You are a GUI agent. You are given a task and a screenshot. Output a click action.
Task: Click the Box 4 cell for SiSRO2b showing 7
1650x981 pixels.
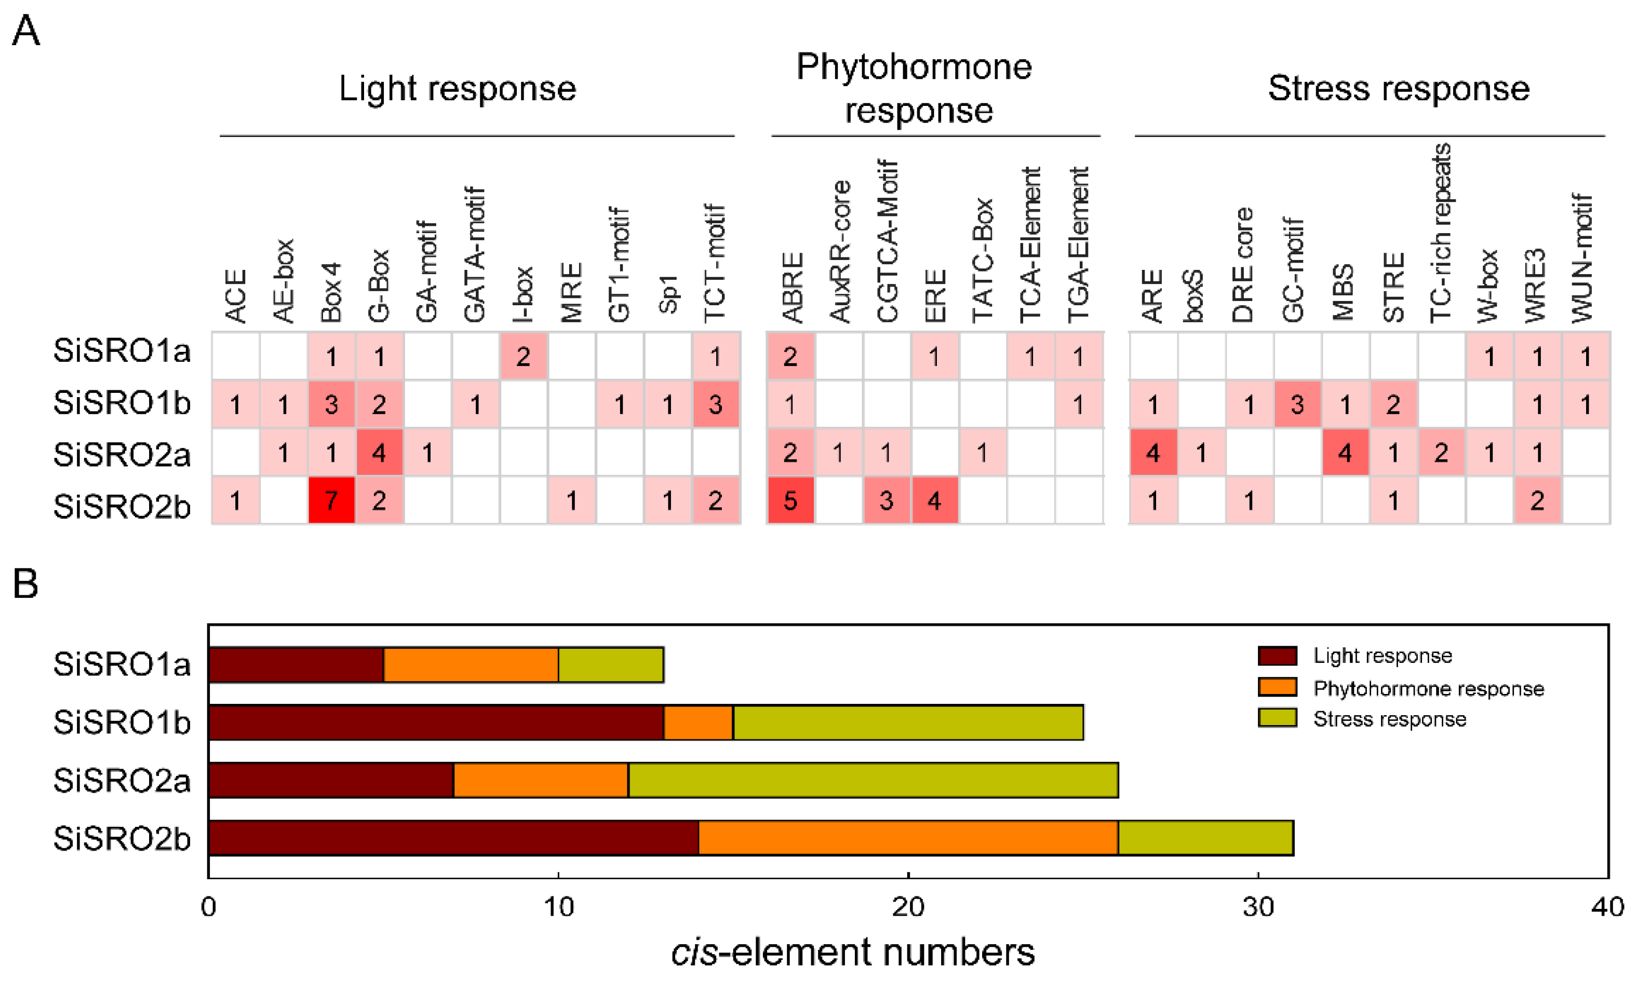pos(331,500)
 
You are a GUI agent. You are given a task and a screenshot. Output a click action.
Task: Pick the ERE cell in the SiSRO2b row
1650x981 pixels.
pos(934,500)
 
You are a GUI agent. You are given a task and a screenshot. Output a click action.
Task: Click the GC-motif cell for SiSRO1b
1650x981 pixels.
pos(1297,404)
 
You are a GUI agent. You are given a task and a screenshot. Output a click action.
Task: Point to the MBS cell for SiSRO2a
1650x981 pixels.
pos(1345,453)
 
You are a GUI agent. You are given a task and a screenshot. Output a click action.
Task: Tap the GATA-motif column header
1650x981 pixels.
pos(475,254)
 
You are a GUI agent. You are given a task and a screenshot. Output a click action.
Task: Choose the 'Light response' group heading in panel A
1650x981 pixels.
pos(457,89)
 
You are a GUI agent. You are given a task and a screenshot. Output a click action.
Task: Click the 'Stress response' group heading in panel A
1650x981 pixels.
pos(1398,89)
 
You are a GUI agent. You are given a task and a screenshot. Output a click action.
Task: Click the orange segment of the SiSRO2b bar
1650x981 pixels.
pos(908,838)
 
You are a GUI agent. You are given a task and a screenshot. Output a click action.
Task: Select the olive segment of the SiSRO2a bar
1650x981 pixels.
pos(873,780)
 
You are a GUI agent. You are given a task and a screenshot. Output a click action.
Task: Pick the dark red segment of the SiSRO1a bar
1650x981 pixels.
pos(296,664)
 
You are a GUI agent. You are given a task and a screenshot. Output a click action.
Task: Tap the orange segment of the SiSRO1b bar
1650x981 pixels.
pos(699,723)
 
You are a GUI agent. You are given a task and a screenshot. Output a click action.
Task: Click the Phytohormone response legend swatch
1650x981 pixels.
pos(1277,688)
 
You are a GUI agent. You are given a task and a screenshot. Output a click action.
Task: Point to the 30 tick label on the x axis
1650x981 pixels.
pos(1257,907)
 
